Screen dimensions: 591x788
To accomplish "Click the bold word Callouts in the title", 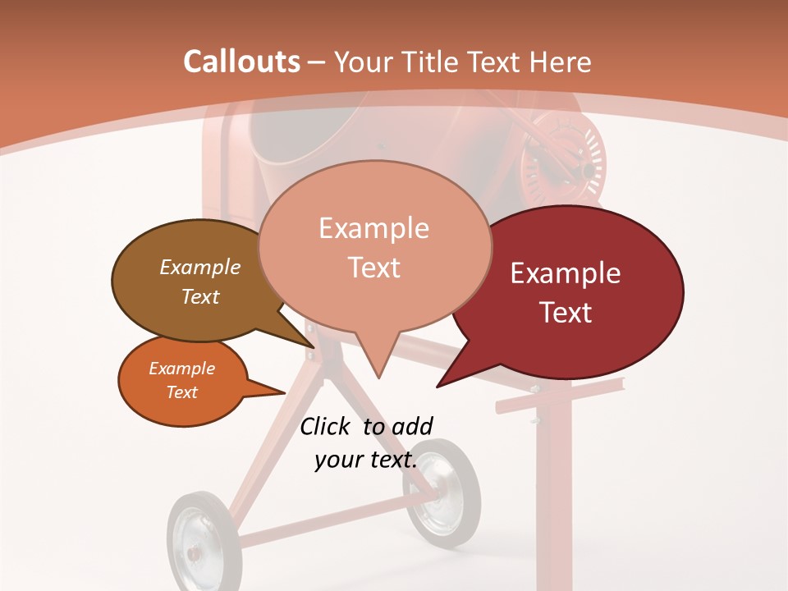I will click(241, 62).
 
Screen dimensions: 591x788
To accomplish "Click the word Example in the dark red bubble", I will click(566, 273).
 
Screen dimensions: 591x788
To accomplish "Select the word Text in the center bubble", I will click(374, 268).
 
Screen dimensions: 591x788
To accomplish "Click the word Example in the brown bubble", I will click(200, 267).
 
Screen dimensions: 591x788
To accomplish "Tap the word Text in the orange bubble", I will click(182, 392).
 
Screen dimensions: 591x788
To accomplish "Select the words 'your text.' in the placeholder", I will click(366, 460).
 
